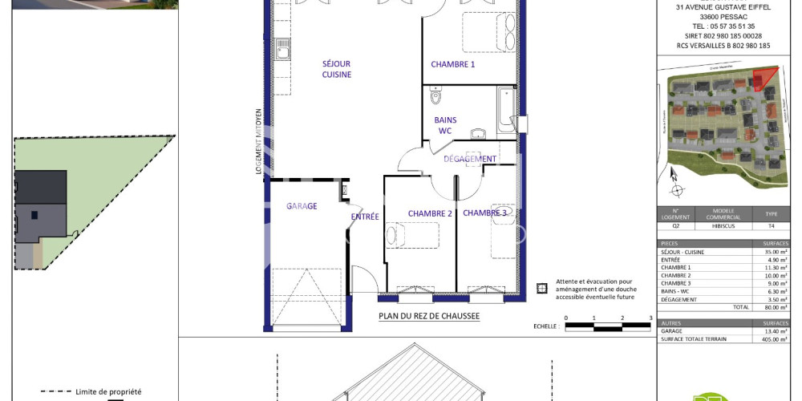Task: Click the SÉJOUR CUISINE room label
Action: [337, 69]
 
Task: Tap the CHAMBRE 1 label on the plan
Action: [452, 64]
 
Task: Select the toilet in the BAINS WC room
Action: [435, 97]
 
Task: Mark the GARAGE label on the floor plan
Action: [302, 206]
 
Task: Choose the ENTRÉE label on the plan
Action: [364, 217]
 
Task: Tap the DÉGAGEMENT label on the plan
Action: [470, 159]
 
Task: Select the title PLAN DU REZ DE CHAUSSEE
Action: [429, 316]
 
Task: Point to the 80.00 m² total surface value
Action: [774, 307]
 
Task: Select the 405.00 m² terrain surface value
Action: [773, 338]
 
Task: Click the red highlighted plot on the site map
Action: [765, 78]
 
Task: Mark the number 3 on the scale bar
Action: [650, 318]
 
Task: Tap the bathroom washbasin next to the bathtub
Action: [478, 133]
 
